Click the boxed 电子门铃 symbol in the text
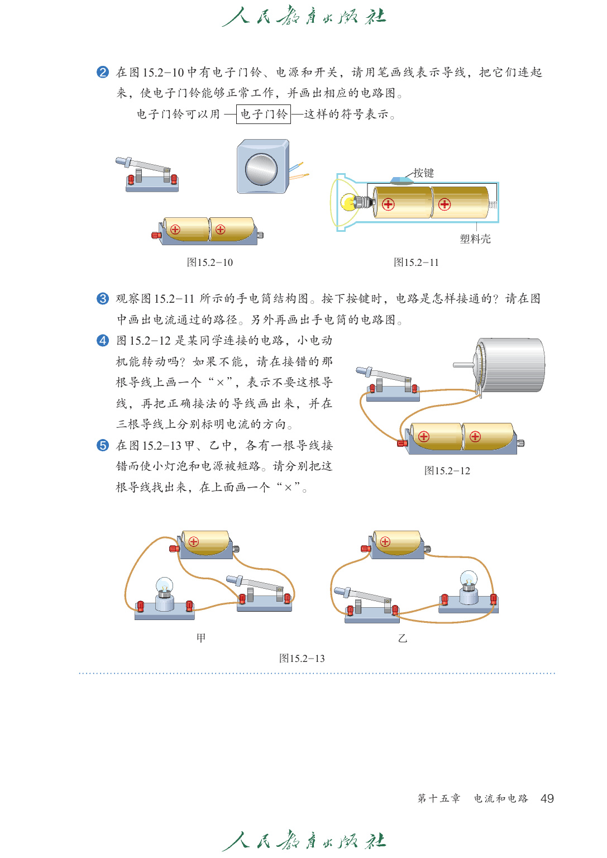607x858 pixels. (263, 115)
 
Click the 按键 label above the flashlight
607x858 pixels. (423, 173)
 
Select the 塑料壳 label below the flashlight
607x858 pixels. (475, 239)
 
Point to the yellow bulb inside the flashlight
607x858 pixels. (350, 202)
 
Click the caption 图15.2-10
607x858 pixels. (209, 263)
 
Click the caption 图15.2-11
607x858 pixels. (416, 263)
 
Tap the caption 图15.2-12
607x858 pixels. (447, 471)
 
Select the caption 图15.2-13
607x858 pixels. (302, 659)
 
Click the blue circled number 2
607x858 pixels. (103, 72)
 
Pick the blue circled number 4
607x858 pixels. (103, 341)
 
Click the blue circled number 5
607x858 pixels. (103, 445)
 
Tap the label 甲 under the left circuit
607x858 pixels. (201, 638)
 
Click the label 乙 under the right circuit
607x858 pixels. (403, 638)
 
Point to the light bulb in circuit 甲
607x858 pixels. (164, 588)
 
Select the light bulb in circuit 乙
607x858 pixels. (468, 581)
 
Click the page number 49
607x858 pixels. (547, 799)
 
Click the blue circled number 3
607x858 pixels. (103, 299)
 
